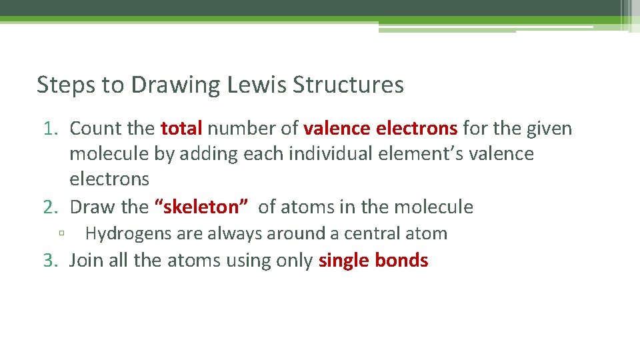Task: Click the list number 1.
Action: click(x=51, y=128)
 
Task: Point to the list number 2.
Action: click(x=51, y=207)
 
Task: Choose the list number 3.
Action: click(x=51, y=260)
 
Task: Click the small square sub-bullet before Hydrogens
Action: click(x=61, y=235)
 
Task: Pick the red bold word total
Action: click(x=181, y=128)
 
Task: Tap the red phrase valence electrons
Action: click(x=380, y=128)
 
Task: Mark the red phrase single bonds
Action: click(x=373, y=260)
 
